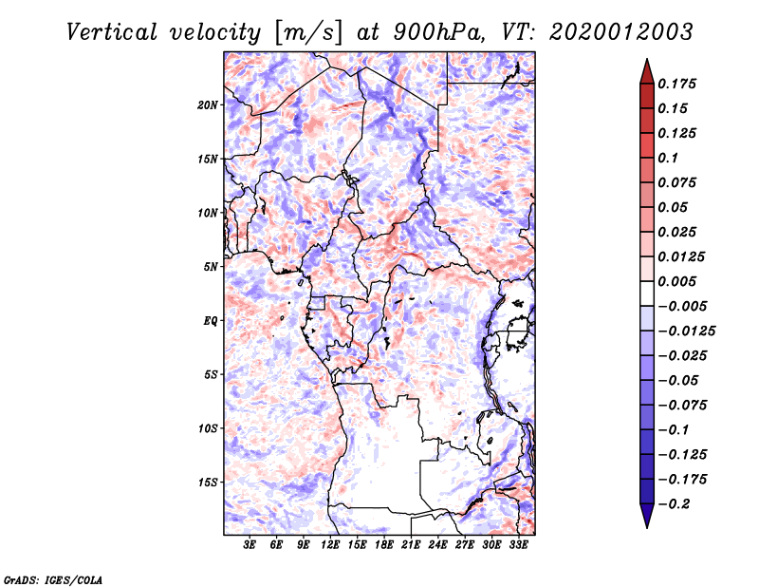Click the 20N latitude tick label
pos(208,105)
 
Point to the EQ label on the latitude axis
pos(211,321)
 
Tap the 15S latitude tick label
pos(208,483)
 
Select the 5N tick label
pos(211,267)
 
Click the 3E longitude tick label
pos(250,545)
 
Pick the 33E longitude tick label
pos(518,545)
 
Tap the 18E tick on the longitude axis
pos(384,545)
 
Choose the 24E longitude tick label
pos(437,545)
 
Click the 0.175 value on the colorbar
pos(676,84)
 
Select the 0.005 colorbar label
pos(676,281)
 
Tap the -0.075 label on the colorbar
pos(682,406)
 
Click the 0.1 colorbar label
pos(668,158)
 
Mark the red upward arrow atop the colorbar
pos(647,71)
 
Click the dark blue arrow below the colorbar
pos(647,516)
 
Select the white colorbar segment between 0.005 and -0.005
pos(647,293)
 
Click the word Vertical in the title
pos(112,32)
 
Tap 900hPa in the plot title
pos(438,32)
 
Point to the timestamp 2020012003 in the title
pos(621,32)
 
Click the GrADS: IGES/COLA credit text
pos(53,579)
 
